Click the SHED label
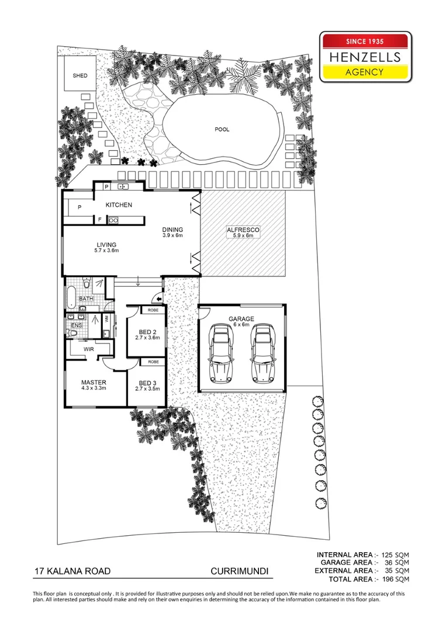tap(79, 76)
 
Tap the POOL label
tap(222, 129)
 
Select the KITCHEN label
tap(119, 205)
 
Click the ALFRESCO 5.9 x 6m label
tap(243, 233)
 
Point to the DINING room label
tap(172, 233)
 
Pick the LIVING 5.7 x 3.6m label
tap(106, 248)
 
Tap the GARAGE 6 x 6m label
tap(241, 321)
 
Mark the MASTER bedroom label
tap(94, 386)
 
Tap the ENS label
tap(76, 325)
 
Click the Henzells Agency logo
tap(365, 57)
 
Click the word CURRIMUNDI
tap(239, 571)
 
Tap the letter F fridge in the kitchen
tap(100, 220)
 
